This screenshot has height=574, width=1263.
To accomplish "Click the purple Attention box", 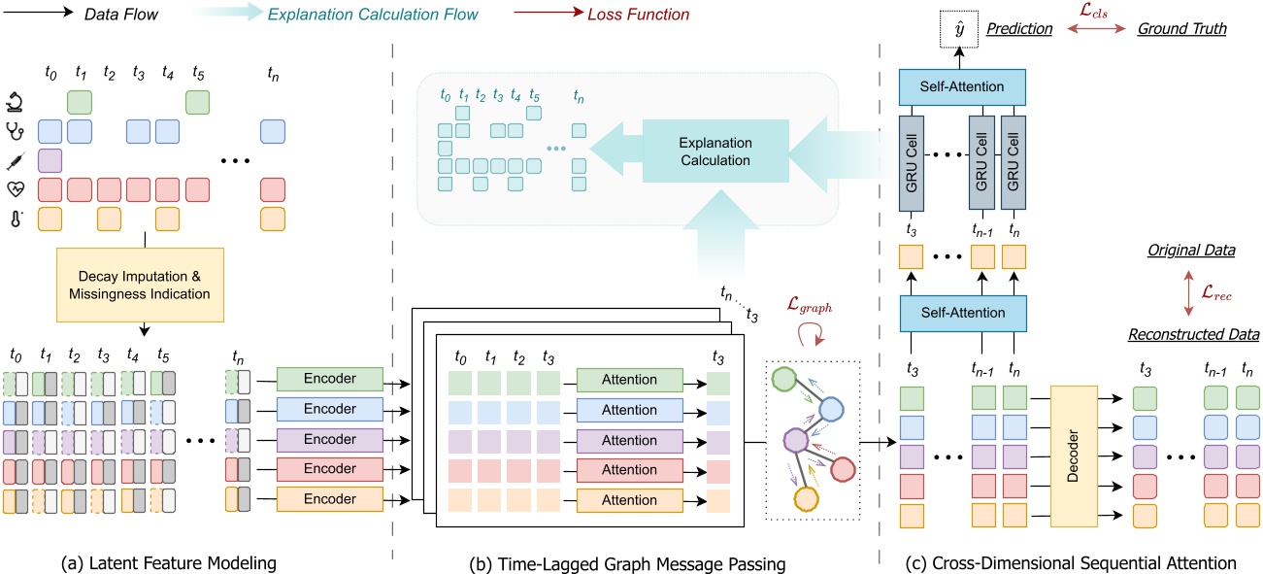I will tap(630, 440).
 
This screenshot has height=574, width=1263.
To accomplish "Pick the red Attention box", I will tap(630, 470).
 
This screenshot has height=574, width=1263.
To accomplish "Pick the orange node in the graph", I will tap(805, 501).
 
